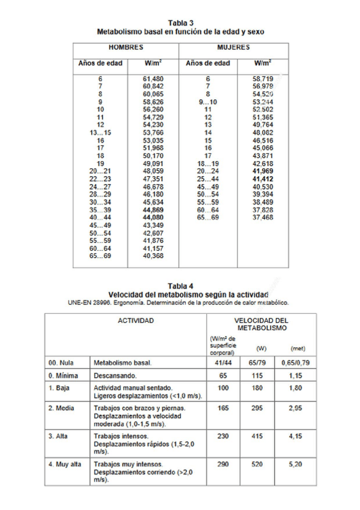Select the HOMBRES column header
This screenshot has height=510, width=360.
pos(125,46)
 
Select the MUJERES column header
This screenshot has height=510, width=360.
pos(233,46)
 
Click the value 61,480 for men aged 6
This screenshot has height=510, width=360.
pos(153,79)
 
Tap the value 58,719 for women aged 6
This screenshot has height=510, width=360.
pos(263,79)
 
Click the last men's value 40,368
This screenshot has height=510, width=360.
pos(153,256)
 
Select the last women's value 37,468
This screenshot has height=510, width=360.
pos(263,217)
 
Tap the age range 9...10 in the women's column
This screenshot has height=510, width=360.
pos(208,102)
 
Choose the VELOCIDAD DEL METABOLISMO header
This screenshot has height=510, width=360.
pos(261,324)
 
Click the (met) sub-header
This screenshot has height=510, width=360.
pos(297,348)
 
